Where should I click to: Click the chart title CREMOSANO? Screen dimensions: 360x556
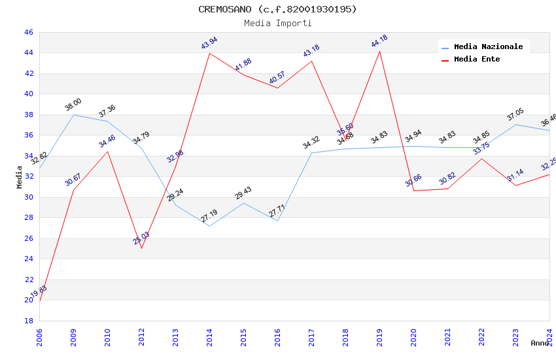pyautogui.click(x=277, y=9)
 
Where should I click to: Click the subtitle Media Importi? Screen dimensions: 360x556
pyautogui.click(x=277, y=23)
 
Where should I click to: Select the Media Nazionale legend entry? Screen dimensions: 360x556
pyautogui.click(x=488, y=47)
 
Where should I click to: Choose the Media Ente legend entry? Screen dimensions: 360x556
pyautogui.click(x=477, y=60)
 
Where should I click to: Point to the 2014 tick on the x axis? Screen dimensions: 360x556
pyautogui.click(x=209, y=336)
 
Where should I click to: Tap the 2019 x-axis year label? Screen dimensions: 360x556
pyautogui.click(x=379, y=336)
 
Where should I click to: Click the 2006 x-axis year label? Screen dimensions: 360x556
pyautogui.click(x=39, y=336)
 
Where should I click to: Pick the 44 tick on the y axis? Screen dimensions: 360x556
pyautogui.click(x=28, y=53)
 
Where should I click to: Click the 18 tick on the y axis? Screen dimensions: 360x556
pyautogui.click(x=28, y=321)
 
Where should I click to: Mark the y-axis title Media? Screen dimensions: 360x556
pyautogui.click(x=20, y=177)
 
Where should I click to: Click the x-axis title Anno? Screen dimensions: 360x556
pyautogui.click(x=540, y=343)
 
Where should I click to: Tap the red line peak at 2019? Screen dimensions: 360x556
pyautogui.click(x=379, y=51)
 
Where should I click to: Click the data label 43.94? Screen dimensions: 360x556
pyautogui.click(x=209, y=44)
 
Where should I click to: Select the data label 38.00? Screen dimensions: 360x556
pyautogui.click(x=73, y=104)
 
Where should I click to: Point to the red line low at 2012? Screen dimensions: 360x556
pyautogui.click(x=141, y=248)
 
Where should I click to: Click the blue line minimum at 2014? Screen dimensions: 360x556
pyautogui.click(x=209, y=226)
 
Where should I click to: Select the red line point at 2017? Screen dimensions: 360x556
pyautogui.click(x=311, y=61)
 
